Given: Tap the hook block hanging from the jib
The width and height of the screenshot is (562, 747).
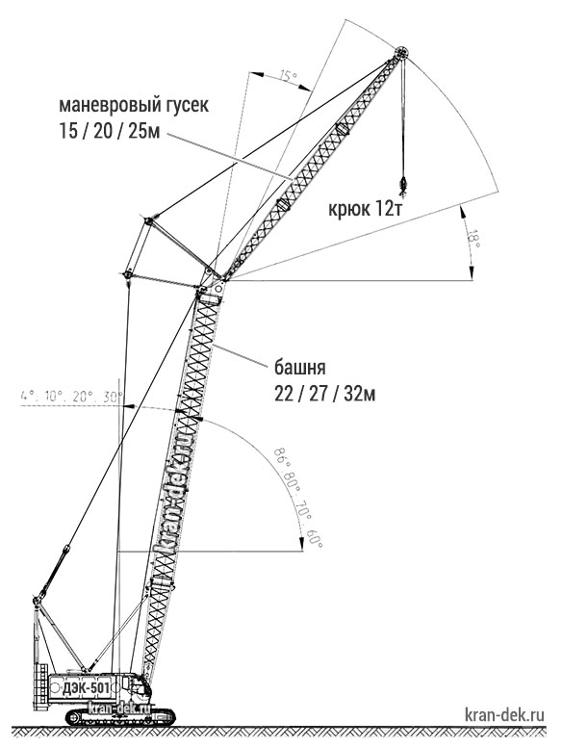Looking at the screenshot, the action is pyautogui.click(x=404, y=185).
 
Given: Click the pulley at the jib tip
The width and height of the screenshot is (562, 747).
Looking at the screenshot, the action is pyautogui.click(x=400, y=52).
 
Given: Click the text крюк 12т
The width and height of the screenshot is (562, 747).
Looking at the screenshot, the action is pyautogui.click(x=365, y=209).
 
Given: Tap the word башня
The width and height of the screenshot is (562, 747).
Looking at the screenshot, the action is pyautogui.click(x=300, y=368).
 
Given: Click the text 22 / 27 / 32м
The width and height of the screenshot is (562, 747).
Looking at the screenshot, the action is pyautogui.click(x=325, y=394).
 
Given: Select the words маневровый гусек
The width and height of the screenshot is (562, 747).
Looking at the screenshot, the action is pyautogui.click(x=134, y=105).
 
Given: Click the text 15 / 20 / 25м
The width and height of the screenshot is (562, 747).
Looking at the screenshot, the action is pyautogui.click(x=109, y=130).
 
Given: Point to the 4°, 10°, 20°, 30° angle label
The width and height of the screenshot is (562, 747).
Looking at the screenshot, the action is pyautogui.click(x=72, y=396).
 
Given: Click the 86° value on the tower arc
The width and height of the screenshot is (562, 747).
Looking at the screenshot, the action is pyautogui.click(x=281, y=457).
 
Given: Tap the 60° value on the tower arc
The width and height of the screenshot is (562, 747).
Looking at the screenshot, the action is pyautogui.click(x=315, y=538).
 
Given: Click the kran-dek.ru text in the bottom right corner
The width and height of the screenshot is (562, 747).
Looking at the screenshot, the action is pyautogui.click(x=504, y=714).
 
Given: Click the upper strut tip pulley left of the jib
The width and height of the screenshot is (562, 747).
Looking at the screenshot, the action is pyautogui.click(x=148, y=221).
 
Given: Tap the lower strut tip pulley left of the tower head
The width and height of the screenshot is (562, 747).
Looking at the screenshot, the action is pyautogui.click(x=128, y=274).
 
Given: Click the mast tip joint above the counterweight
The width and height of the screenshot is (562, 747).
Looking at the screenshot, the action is pyautogui.click(x=38, y=599).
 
